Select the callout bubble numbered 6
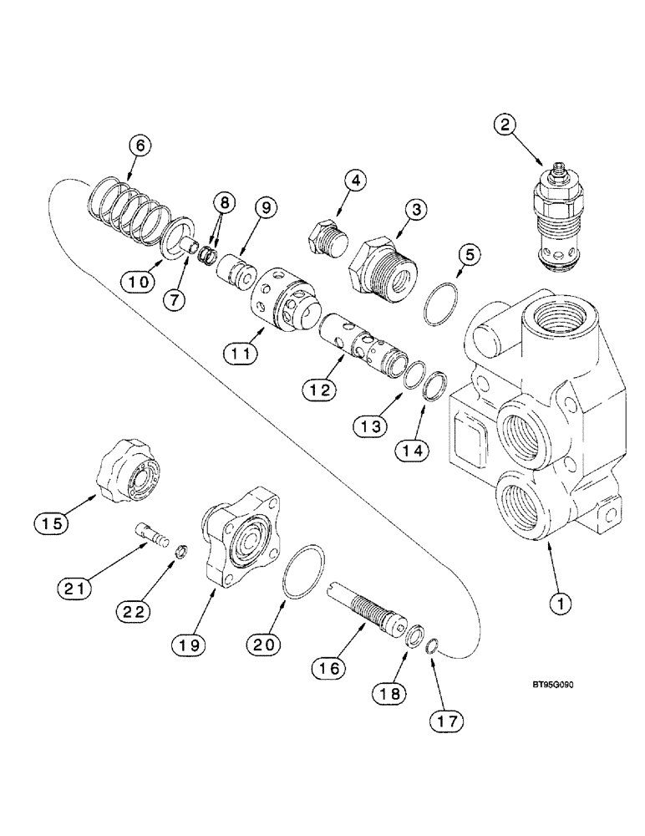click(x=140, y=145)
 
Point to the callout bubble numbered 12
click(x=321, y=389)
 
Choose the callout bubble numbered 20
click(x=264, y=644)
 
